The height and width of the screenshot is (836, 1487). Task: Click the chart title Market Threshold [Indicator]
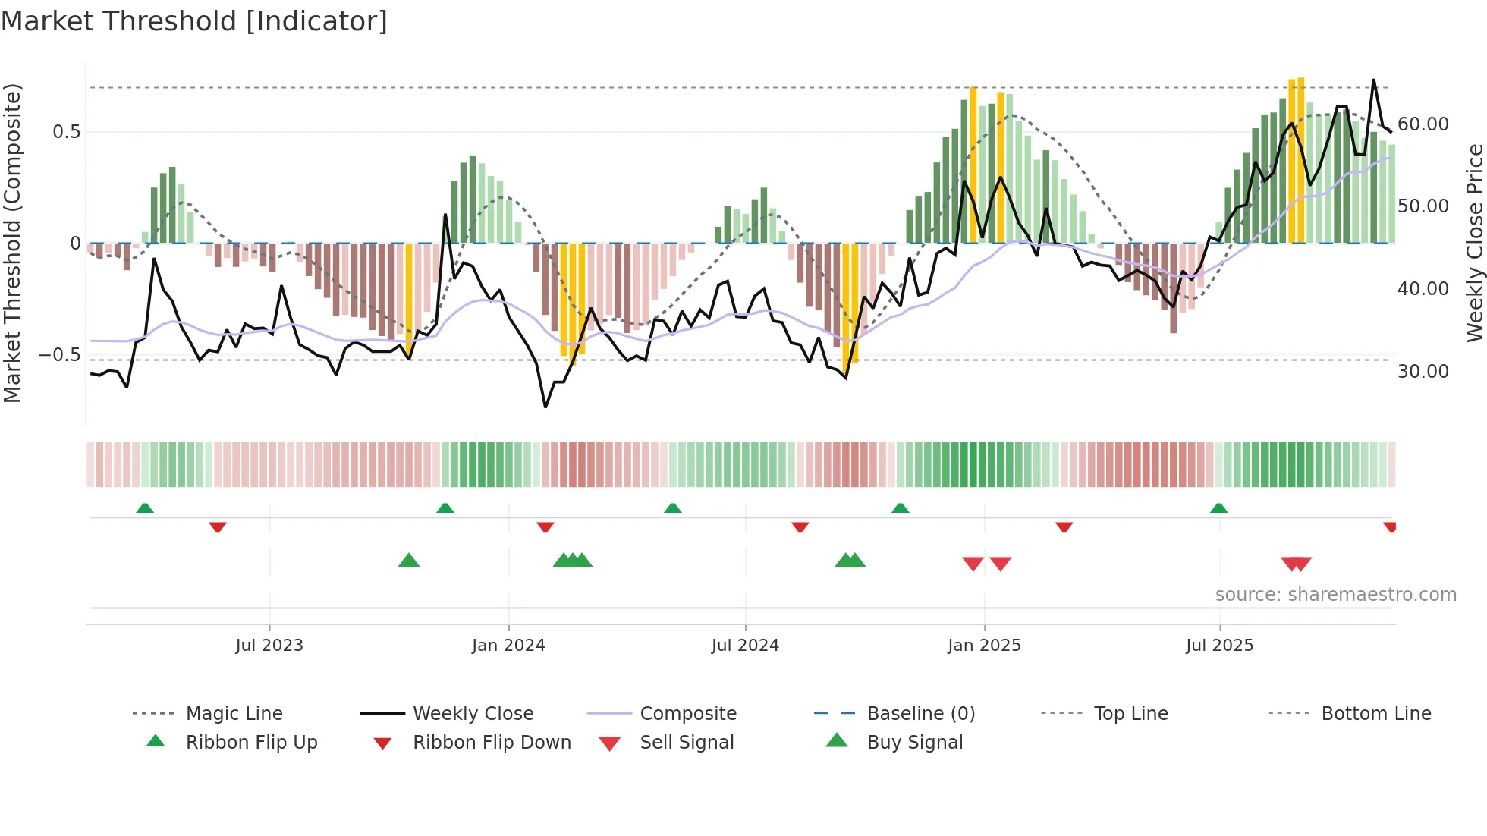[x=194, y=21]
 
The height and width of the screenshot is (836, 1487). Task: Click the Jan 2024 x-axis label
[x=508, y=646]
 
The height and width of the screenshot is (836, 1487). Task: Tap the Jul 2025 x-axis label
[x=1219, y=646]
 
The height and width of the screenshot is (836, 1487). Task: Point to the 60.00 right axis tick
[x=1423, y=124]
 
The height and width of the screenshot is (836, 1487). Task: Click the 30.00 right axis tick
[x=1423, y=372]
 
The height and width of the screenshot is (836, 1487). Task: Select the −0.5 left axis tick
[x=60, y=355]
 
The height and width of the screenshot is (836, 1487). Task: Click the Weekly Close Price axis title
[x=1474, y=243]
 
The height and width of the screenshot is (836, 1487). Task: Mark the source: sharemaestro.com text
[x=1335, y=595]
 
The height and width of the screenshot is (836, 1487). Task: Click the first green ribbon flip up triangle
[x=145, y=508]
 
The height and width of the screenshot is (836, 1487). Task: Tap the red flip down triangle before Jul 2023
[x=218, y=526]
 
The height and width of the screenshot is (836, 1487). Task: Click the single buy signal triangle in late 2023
[x=409, y=561]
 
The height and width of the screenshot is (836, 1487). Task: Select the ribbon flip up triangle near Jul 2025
[x=1218, y=508]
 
